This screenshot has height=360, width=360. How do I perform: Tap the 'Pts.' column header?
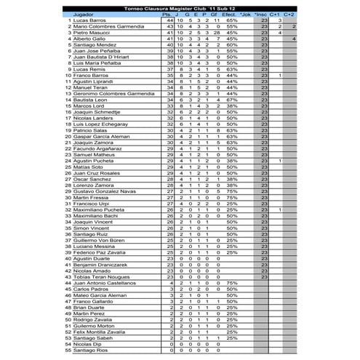click(x=169, y=14)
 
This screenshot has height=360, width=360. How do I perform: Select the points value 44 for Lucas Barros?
click(x=169, y=20)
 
